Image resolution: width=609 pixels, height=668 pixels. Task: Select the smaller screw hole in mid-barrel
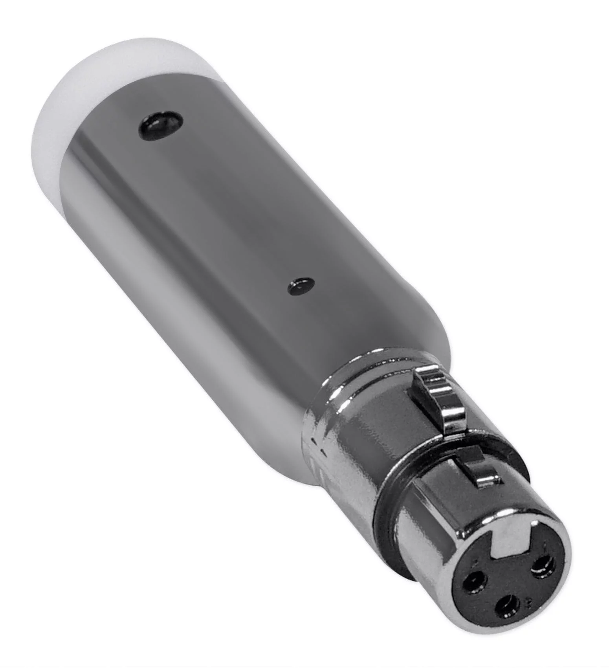click(x=301, y=286)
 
